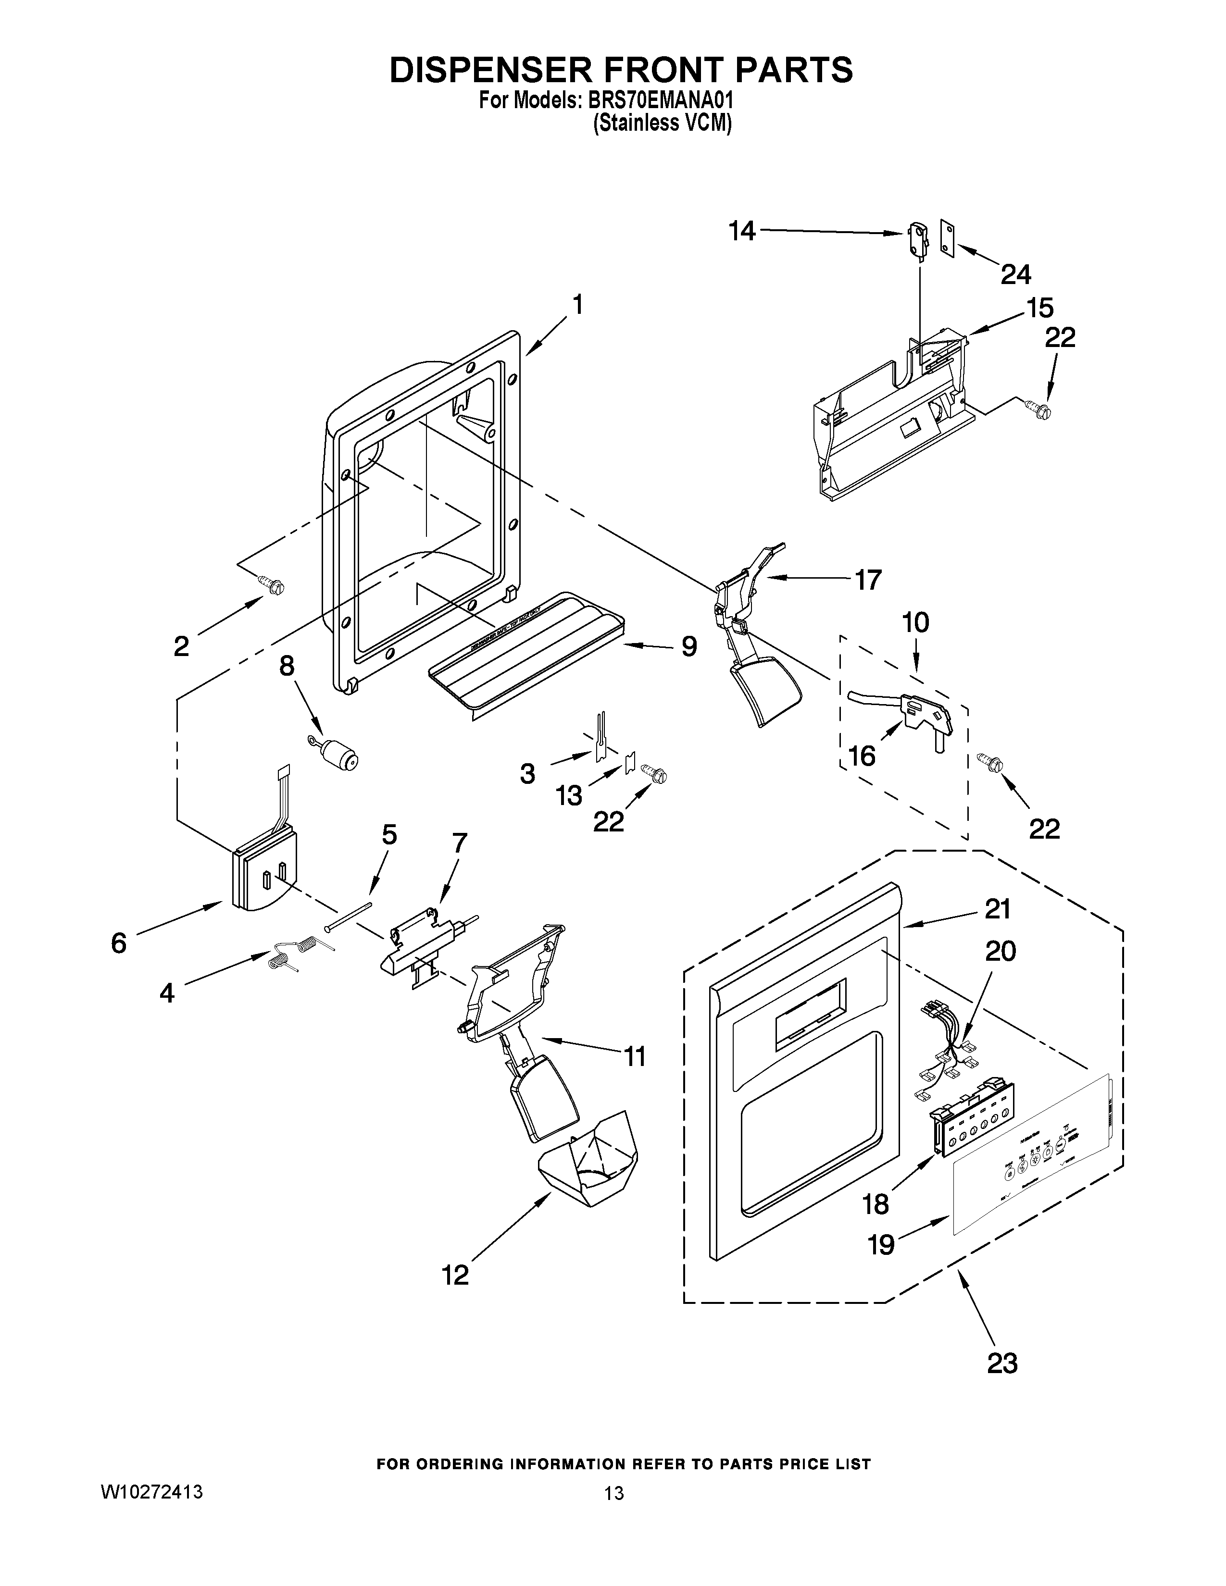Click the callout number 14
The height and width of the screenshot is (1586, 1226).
[x=742, y=232]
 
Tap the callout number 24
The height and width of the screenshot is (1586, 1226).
[x=1015, y=274]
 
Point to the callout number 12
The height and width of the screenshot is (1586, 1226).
[x=455, y=1275]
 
